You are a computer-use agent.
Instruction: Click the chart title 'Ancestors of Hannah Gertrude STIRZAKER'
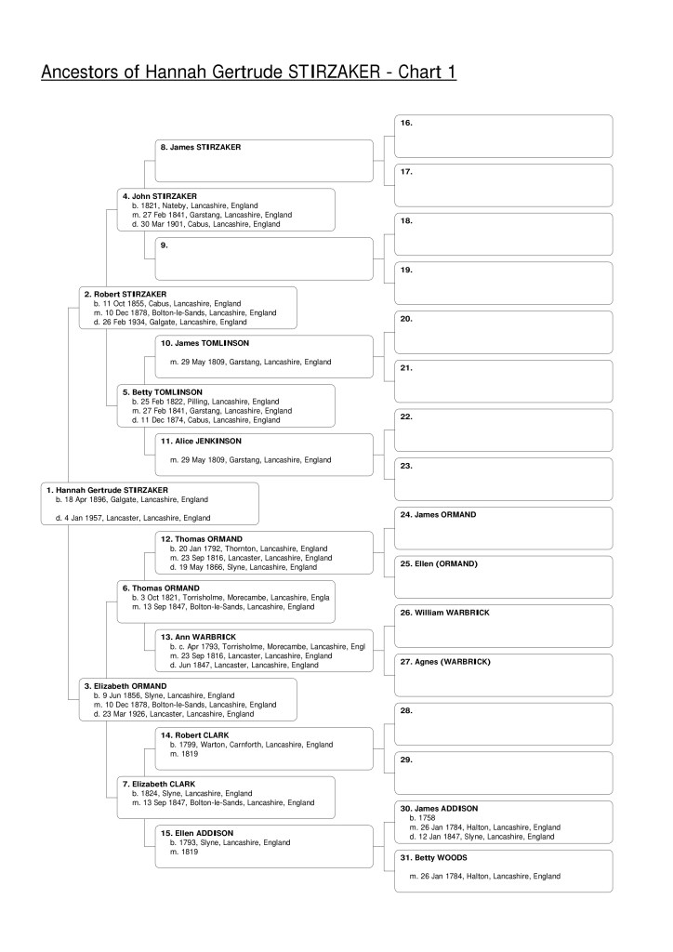(248, 72)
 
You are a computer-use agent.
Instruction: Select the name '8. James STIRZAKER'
(201, 147)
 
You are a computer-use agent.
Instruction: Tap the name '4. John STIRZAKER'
(160, 196)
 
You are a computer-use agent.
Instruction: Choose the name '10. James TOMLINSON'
(205, 343)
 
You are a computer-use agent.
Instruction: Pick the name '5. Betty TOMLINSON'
(163, 392)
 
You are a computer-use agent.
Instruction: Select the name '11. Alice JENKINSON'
(205, 441)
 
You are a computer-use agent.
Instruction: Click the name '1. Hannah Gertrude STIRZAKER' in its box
(107, 489)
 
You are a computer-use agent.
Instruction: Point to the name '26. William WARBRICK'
(444, 613)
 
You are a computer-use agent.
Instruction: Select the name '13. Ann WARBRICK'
(198, 637)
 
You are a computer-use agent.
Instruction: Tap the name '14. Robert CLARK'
(195, 734)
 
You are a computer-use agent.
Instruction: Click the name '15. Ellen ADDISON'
(197, 832)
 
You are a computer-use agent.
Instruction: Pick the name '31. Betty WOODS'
(433, 857)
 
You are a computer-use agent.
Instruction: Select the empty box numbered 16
(503, 137)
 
